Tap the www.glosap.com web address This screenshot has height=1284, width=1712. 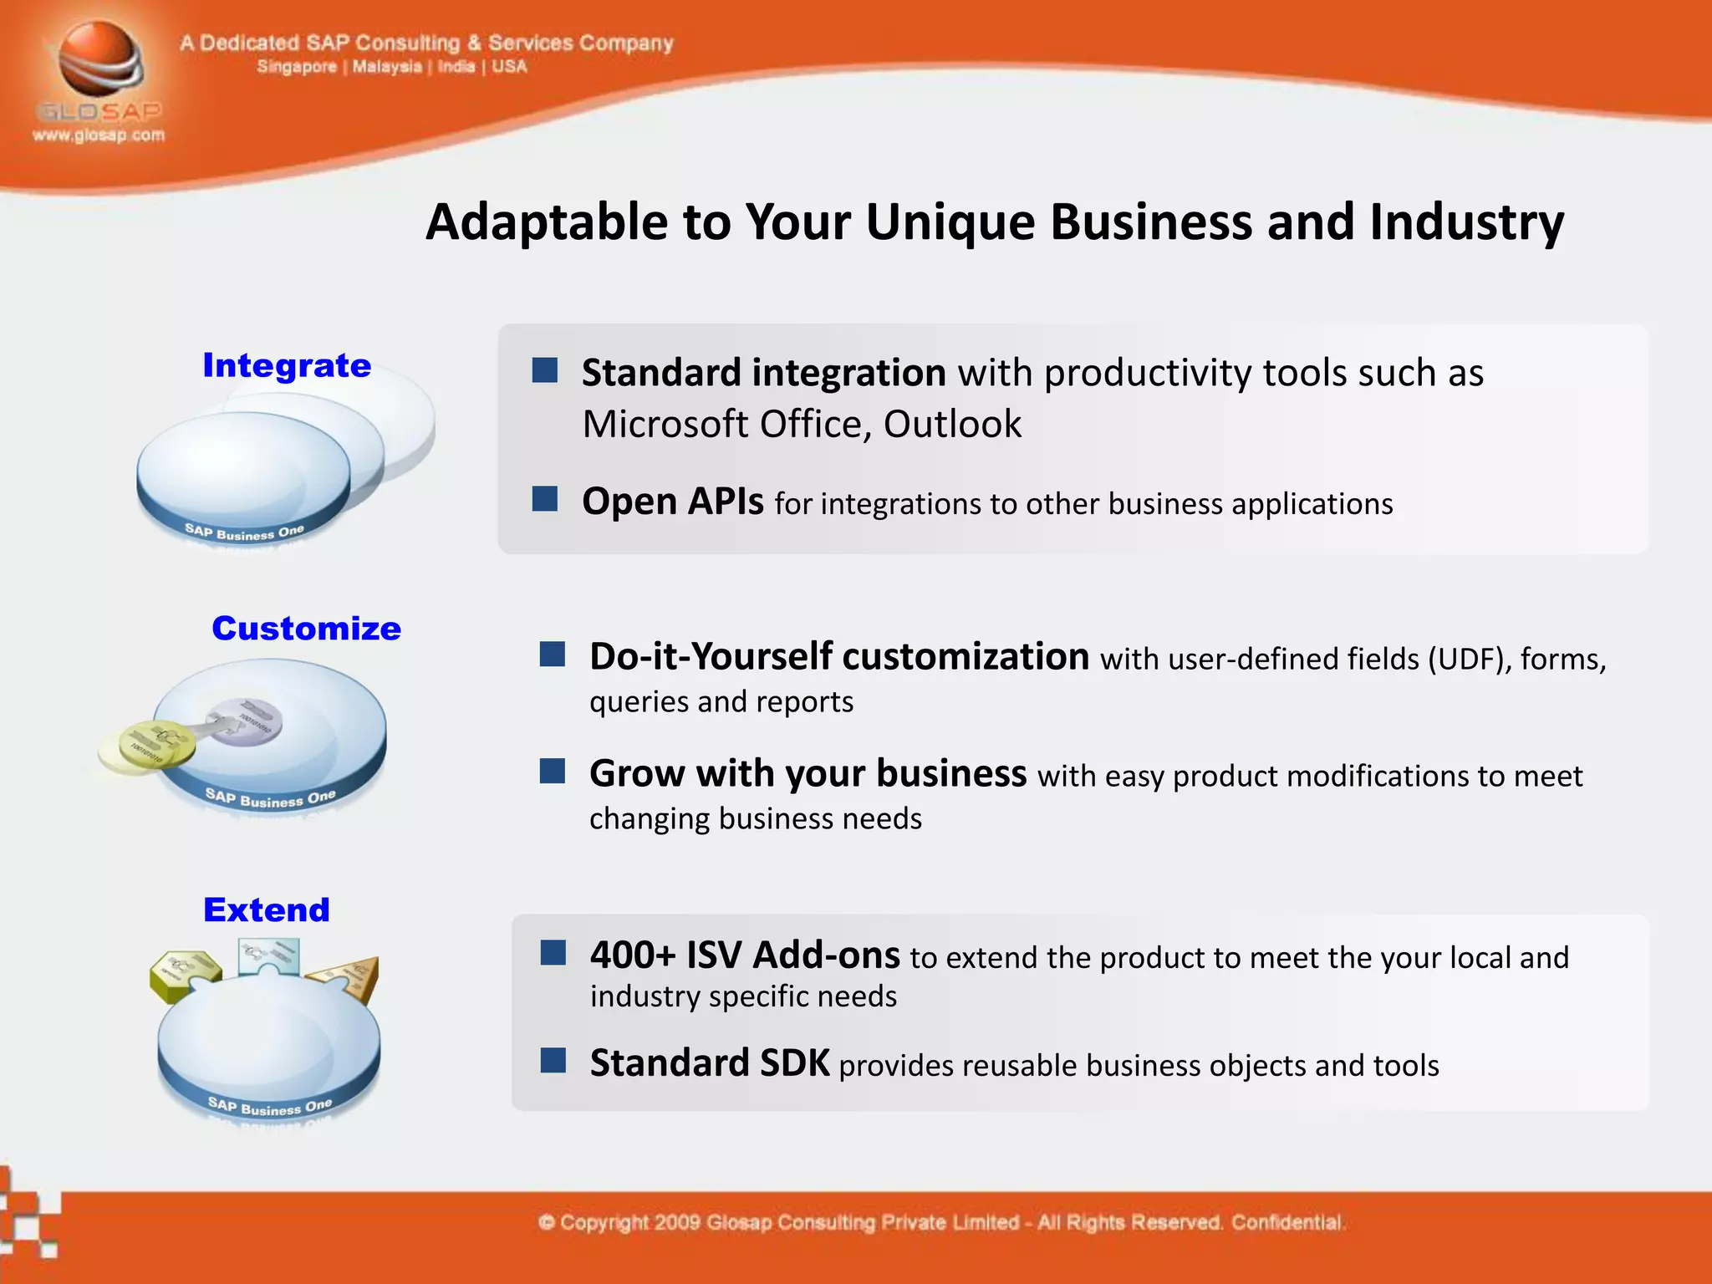coord(99,135)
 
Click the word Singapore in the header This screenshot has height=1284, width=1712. coord(297,67)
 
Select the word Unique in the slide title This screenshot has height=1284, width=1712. coord(950,222)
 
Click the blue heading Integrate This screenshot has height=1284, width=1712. coord(287,366)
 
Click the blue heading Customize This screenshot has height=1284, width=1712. coord(306,629)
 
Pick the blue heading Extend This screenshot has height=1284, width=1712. coord(267,909)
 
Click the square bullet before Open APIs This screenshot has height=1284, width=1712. coord(545,499)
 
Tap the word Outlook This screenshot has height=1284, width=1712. coord(952,425)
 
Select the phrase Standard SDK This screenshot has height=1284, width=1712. coord(710,1063)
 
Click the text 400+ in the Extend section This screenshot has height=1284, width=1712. coord(632,955)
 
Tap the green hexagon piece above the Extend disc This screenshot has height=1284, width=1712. coord(185,974)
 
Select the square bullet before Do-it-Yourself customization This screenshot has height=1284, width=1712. coord(553,655)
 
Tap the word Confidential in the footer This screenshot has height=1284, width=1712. coord(1287,1223)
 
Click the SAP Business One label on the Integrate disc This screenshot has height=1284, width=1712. coord(244,532)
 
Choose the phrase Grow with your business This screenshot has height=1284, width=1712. coord(808,773)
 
